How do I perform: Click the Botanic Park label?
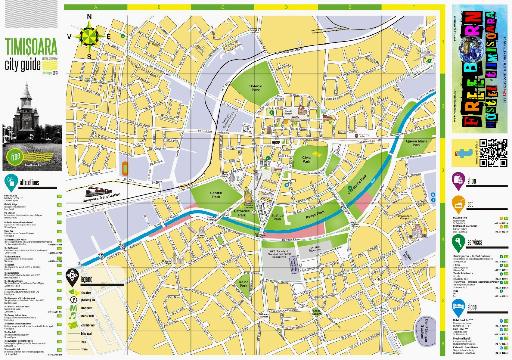(x=255, y=88)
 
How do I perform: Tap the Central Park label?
(x=216, y=195)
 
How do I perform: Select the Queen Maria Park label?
(x=416, y=143)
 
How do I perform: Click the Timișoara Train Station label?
(x=101, y=198)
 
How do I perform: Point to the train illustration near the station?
(x=99, y=191)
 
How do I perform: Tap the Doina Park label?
(x=244, y=284)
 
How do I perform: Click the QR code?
(x=493, y=153)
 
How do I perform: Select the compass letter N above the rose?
(x=89, y=17)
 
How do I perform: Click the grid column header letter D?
(x=286, y=7)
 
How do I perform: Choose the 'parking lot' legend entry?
(x=88, y=300)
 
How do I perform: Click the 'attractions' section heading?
(x=29, y=183)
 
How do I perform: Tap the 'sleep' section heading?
(x=472, y=307)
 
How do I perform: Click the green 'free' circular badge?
(x=15, y=157)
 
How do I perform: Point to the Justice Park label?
(x=277, y=217)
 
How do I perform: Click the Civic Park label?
(x=306, y=159)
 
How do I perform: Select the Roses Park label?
(x=315, y=215)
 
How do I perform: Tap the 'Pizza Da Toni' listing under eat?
(x=460, y=218)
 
